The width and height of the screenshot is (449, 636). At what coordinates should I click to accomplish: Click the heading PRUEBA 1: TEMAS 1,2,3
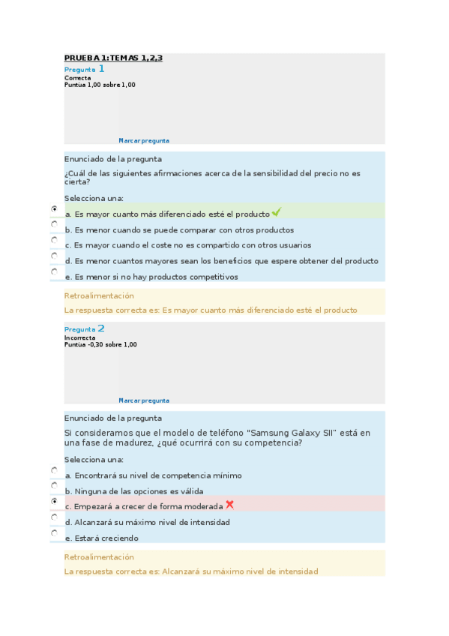[x=113, y=58]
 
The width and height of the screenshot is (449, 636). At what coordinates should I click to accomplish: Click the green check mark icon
[x=277, y=213]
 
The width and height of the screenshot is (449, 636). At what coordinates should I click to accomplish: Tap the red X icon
[x=230, y=505]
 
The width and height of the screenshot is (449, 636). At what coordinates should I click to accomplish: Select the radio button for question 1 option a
[x=55, y=208]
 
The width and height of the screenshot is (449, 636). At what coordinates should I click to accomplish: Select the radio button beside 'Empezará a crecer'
[x=55, y=500]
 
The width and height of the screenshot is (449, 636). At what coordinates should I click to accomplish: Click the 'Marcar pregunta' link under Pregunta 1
[x=144, y=140]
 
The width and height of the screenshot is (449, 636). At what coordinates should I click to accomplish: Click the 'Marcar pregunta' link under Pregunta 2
[x=144, y=400]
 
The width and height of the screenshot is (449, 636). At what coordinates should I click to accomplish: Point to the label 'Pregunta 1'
[x=84, y=69]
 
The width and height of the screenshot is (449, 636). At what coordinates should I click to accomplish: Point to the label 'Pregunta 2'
[x=84, y=329]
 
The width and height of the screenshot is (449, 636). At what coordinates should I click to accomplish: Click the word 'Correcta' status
[x=78, y=78]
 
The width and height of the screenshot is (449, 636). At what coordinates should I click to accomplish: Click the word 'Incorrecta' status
[x=80, y=338]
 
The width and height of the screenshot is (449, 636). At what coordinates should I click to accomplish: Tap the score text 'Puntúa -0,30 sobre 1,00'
[x=100, y=345]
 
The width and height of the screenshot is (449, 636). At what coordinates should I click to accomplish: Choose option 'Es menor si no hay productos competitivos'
[x=151, y=277]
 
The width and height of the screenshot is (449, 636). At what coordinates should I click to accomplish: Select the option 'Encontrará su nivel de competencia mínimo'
[x=153, y=475]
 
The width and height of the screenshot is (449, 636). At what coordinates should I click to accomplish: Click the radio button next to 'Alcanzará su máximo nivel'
[x=55, y=517]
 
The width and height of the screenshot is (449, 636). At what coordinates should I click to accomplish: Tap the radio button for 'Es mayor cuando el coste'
[x=55, y=240]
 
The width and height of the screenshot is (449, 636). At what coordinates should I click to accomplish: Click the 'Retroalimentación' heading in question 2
[x=99, y=557]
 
